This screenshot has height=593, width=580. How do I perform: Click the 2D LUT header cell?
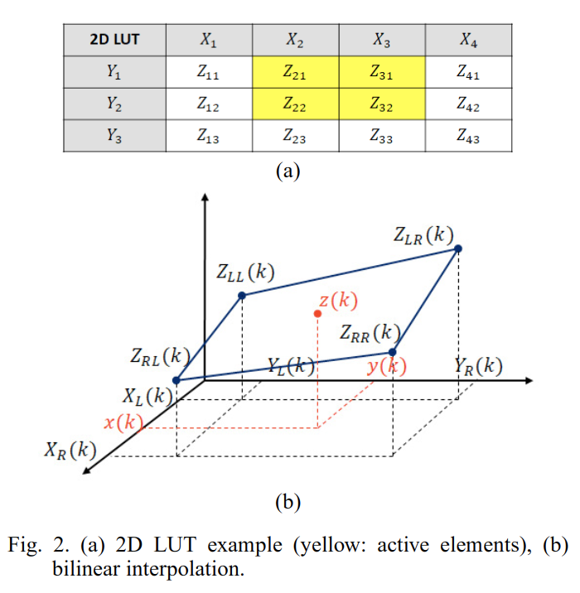(x=114, y=40)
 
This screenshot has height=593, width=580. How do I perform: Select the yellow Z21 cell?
(x=295, y=72)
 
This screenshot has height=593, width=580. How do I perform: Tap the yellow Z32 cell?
(x=382, y=104)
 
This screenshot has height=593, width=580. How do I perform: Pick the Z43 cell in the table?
(x=468, y=137)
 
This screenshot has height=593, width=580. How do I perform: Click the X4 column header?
(x=468, y=40)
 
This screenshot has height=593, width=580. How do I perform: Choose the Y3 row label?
(x=114, y=137)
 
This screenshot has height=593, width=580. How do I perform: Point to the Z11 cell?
(x=208, y=72)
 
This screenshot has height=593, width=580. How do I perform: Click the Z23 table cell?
(x=295, y=137)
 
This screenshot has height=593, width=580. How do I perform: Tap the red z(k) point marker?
(x=317, y=314)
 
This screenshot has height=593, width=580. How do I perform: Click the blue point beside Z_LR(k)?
(x=458, y=248)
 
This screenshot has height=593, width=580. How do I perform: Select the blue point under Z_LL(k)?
(x=242, y=295)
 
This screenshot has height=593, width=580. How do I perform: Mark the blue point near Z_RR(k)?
(x=393, y=352)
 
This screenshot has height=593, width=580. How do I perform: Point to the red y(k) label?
(x=386, y=366)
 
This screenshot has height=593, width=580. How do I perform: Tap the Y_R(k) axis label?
(x=478, y=365)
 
